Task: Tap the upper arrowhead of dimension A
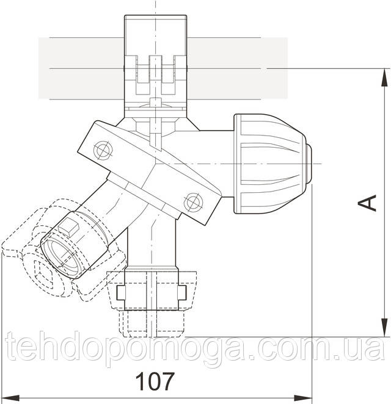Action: pos(384,77)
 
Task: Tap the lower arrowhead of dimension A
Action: pos(384,328)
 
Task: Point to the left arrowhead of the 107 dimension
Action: pos(11,397)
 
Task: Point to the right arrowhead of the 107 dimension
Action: pos(303,397)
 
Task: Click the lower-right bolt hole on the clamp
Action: pos(193,202)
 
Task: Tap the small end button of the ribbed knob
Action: pos(309,164)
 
